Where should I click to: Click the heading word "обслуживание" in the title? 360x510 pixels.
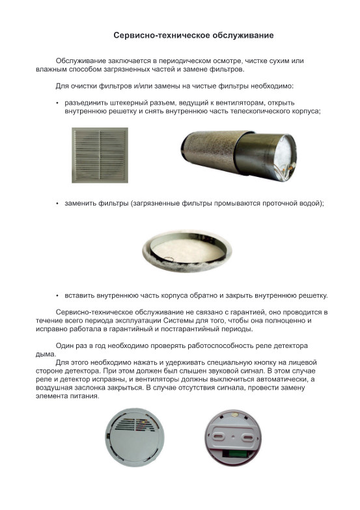[x=243, y=35]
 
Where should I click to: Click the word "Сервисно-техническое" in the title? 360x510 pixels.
[x=162, y=35]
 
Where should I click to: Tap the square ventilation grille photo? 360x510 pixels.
[x=100, y=155]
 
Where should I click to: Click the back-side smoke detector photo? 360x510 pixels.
[x=233, y=438]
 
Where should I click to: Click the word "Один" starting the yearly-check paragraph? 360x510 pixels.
[x=64, y=346]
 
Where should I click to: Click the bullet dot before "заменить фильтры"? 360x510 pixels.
[x=57, y=204]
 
